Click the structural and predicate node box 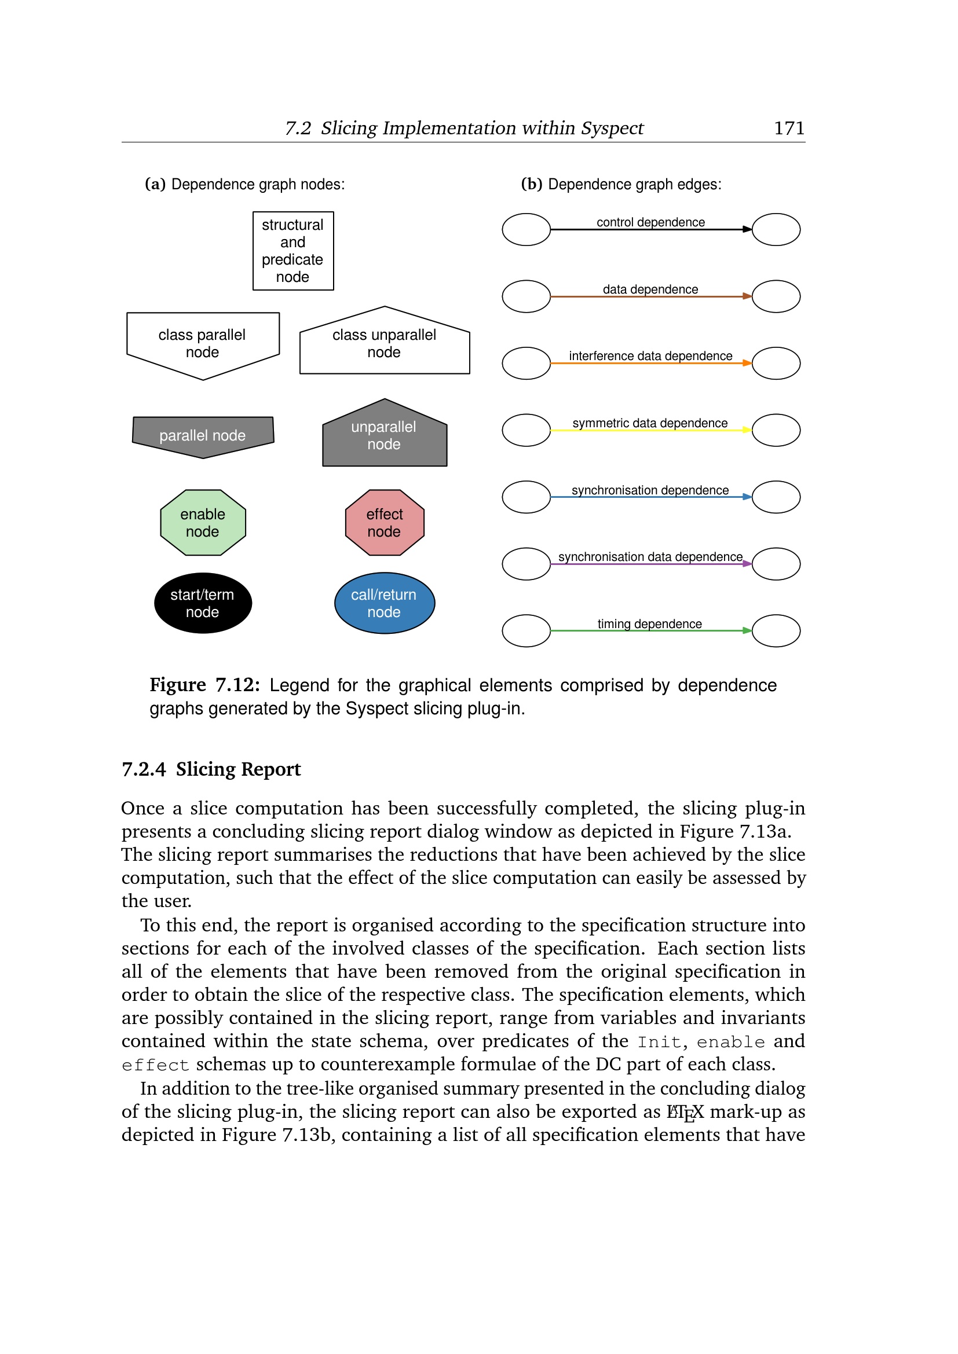(x=292, y=251)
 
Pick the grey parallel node (x=202, y=436)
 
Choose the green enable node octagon (x=202, y=523)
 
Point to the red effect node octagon (x=384, y=523)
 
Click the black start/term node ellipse (x=202, y=603)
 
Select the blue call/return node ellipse (x=384, y=603)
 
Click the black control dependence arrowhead (x=747, y=229)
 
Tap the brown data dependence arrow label (x=650, y=289)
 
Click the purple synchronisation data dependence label (x=650, y=557)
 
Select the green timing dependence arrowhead (x=747, y=630)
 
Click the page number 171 (x=789, y=128)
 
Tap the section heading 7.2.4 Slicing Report (x=211, y=769)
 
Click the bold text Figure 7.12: (x=204, y=685)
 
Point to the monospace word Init (x=660, y=1042)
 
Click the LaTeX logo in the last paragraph (x=685, y=1112)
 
